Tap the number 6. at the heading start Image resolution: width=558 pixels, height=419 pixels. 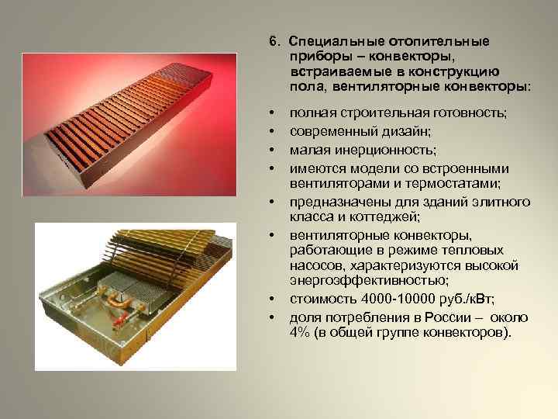point(274,41)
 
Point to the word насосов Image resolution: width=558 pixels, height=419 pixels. point(315,265)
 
